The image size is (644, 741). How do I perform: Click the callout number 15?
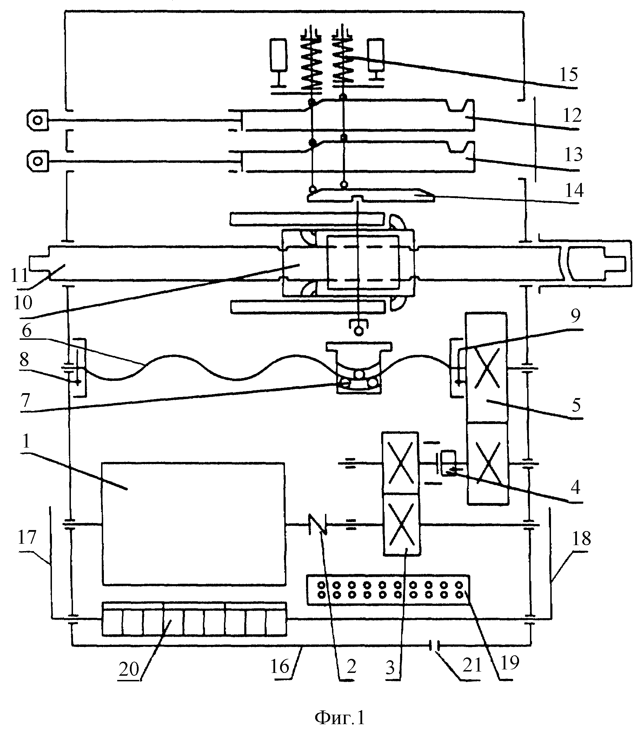pos(568,75)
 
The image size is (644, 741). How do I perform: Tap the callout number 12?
pos(572,116)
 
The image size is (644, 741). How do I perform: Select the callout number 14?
pos(574,191)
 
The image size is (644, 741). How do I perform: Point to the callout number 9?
pos(576,316)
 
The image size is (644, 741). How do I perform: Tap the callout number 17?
pos(28,547)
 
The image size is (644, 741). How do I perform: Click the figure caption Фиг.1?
pos(340,718)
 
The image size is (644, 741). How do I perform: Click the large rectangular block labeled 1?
pos(194,524)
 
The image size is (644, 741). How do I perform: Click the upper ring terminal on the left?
pos(37,120)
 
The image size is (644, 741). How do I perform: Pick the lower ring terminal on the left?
pos(37,161)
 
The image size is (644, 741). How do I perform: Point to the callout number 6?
pos(27,331)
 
